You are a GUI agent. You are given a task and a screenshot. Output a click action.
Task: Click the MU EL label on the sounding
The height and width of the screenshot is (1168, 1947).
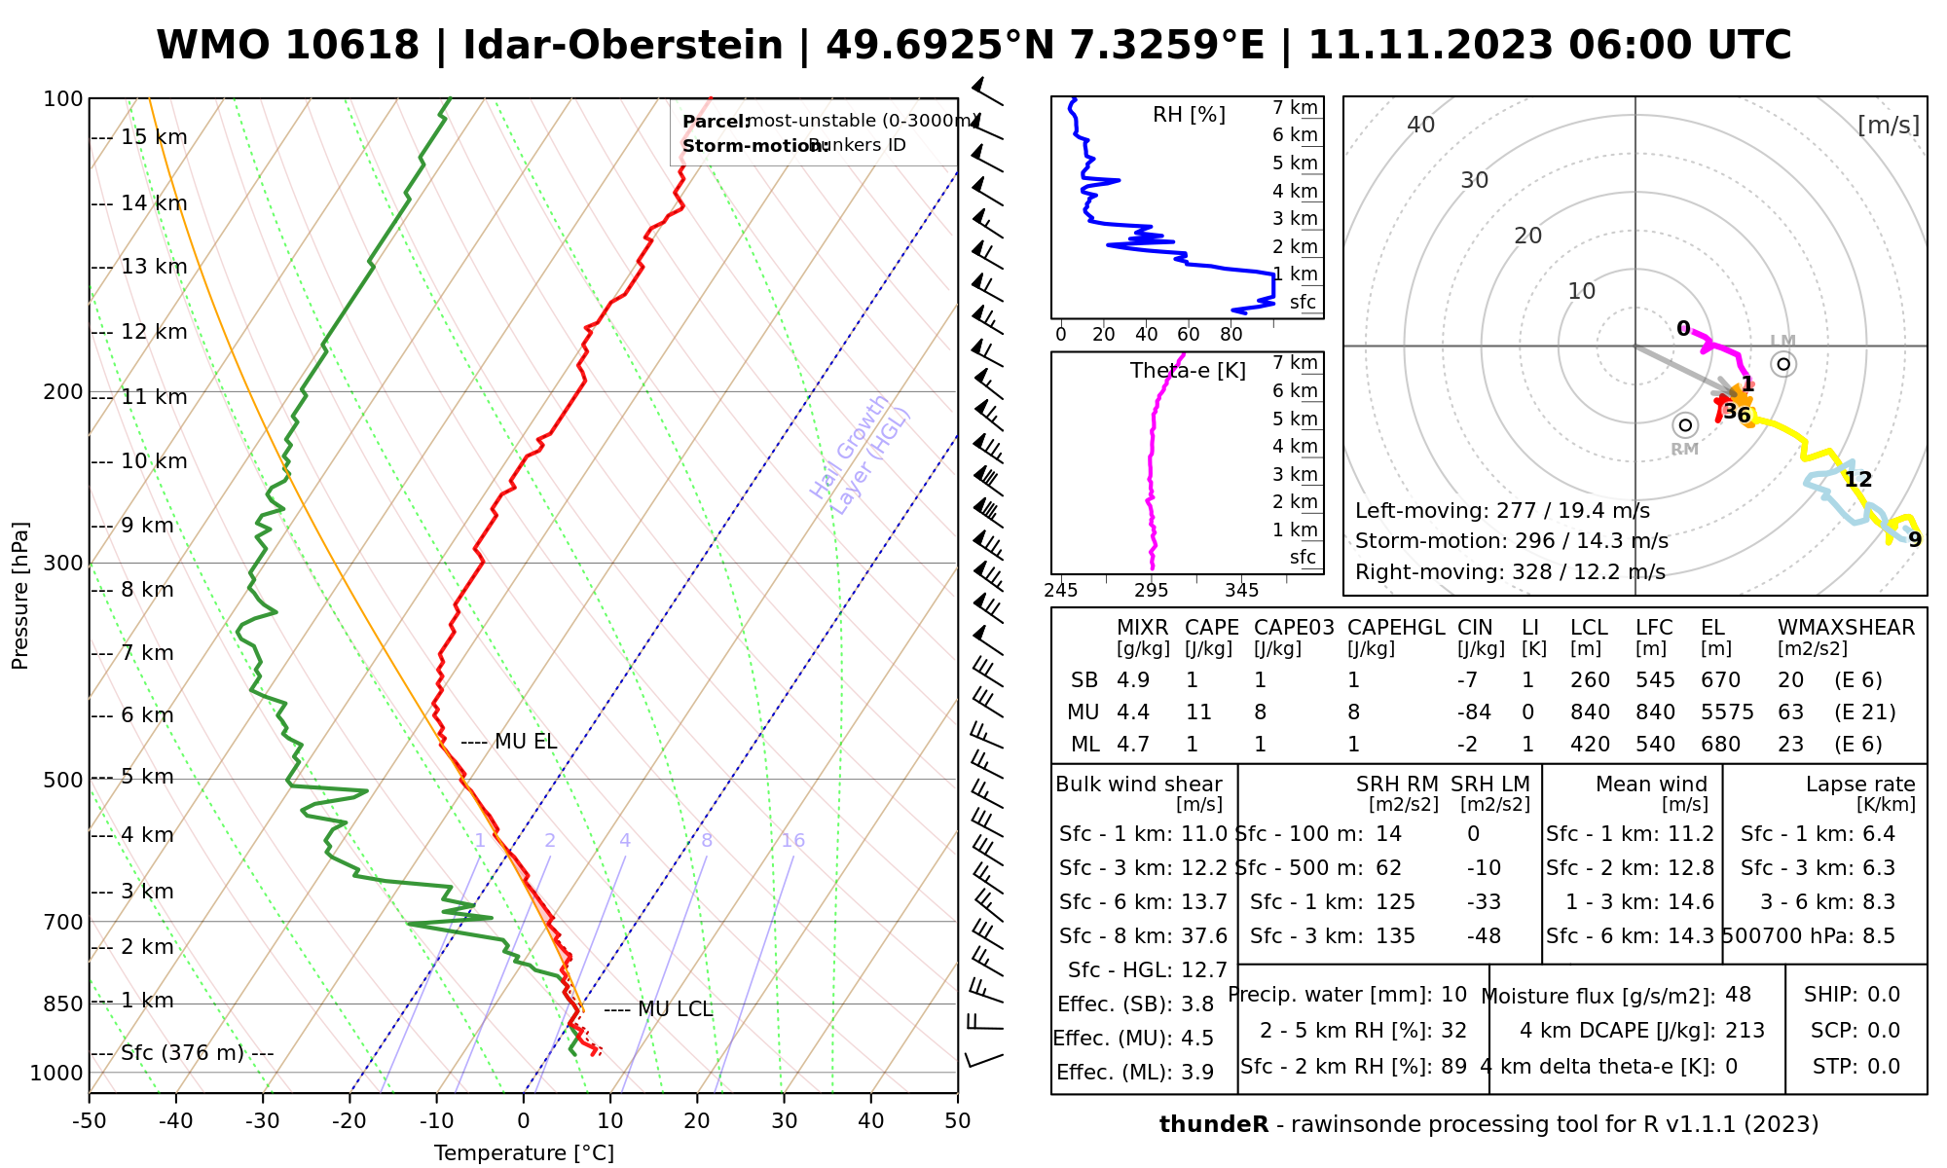pos(525,742)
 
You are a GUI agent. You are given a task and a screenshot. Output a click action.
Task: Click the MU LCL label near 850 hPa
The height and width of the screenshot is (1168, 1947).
pos(675,1009)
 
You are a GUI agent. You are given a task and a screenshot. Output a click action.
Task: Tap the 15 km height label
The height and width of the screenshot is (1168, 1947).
pos(154,137)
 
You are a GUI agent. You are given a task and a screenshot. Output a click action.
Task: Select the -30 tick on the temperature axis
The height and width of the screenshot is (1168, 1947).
pos(263,1120)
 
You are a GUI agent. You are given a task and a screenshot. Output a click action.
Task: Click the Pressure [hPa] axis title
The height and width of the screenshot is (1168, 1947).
pos(20,596)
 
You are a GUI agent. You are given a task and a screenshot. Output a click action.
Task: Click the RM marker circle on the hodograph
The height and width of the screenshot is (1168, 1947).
pos(1685,425)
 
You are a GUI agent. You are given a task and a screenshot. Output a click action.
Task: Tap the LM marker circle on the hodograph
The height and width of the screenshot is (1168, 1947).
pos(1783,364)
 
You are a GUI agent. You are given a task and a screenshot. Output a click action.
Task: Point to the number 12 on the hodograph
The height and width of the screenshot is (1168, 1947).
pos(1857,479)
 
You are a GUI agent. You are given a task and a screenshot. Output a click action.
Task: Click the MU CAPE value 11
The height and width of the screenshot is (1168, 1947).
pos(1198,712)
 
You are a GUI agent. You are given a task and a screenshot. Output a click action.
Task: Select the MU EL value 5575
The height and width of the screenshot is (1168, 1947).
pos(1727,712)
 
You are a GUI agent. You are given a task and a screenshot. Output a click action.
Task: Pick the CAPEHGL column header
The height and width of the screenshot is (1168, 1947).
pos(1396,628)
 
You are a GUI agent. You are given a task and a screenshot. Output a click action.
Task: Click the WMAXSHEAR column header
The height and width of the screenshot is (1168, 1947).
pos(1846,628)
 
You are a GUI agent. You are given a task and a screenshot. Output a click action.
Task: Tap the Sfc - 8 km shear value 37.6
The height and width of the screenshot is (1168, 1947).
pos(1204,936)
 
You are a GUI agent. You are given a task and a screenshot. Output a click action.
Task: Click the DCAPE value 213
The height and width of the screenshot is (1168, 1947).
pos(1745,1031)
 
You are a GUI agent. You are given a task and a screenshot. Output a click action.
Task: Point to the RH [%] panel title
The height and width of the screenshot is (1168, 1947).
pos(1189,115)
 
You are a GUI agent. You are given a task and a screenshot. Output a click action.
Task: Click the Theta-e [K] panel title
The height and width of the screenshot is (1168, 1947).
pos(1188,371)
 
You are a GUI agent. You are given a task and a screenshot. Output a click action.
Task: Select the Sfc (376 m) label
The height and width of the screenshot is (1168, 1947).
pos(197,1053)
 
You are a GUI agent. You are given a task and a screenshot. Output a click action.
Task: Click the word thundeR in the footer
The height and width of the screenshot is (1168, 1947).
pos(1213,1125)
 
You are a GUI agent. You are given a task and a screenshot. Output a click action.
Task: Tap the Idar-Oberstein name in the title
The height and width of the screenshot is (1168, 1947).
pos(623,46)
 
